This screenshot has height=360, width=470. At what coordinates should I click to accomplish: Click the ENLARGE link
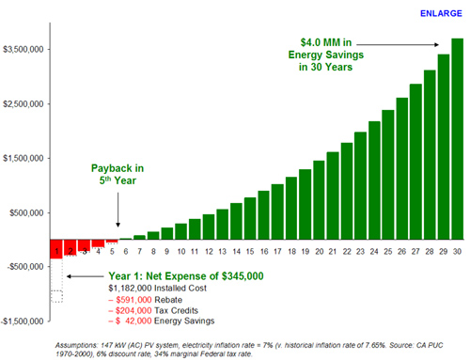pos(440,14)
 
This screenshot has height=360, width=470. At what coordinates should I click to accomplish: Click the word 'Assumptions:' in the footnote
pos(81,344)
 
